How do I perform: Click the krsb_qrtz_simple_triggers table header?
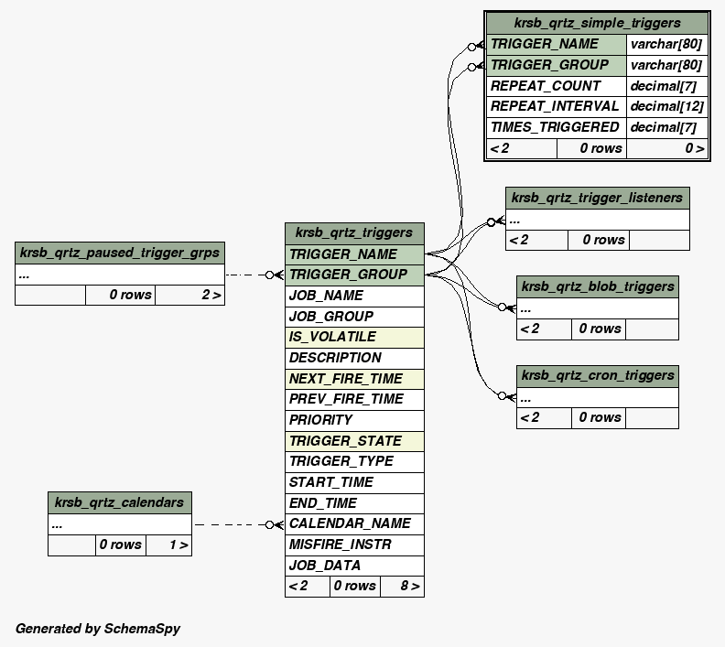click(x=597, y=23)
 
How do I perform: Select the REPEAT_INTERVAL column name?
click(x=556, y=106)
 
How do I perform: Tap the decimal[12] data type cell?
click(x=667, y=106)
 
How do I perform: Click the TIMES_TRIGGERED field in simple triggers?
click(x=556, y=127)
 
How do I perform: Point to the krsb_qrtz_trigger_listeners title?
click(x=597, y=198)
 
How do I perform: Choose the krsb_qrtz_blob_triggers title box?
click(x=597, y=286)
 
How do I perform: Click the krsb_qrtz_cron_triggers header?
click(x=597, y=375)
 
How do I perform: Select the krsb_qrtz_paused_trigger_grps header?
click(x=119, y=253)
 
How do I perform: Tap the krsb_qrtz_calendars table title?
click(x=119, y=501)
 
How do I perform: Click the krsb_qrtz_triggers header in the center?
click(x=354, y=232)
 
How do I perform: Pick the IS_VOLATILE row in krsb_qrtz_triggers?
click(x=354, y=337)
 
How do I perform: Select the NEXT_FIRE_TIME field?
click(x=354, y=379)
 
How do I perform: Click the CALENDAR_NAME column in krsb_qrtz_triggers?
click(x=354, y=523)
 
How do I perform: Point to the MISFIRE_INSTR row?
click(x=354, y=545)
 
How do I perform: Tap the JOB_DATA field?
click(x=354, y=566)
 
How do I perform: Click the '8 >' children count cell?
click(x=402, y=586)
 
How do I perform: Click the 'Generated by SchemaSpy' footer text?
click(x=98, y=629)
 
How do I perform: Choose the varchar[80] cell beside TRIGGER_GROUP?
click(x=667, y=65)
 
